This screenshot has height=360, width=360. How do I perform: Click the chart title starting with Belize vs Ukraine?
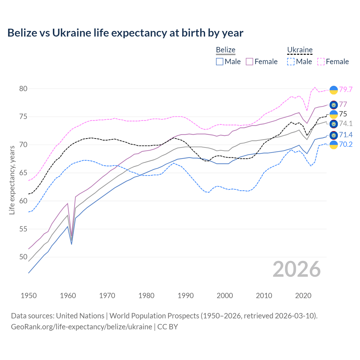click(125, 33)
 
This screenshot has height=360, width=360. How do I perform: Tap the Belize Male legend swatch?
click(220, 62)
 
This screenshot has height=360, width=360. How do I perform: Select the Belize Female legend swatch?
click(249, 62)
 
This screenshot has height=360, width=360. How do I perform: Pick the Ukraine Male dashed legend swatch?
click(291, 62)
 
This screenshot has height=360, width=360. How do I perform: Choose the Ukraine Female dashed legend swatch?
click(321, 62)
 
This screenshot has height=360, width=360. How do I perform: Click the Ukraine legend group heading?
click(300, 50)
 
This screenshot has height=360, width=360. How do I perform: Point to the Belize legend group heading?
click(226, 50)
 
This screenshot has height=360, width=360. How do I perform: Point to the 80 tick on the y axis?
click(23, 89)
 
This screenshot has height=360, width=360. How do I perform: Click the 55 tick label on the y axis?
click(23, 229)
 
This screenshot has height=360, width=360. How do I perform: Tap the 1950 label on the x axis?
click(29, 296)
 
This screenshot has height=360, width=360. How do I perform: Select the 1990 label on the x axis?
click(186, 296)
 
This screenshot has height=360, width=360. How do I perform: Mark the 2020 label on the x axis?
click(303, 296)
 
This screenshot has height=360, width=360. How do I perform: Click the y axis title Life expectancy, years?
click(12, 180)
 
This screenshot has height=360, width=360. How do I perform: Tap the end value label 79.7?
click(346, 89)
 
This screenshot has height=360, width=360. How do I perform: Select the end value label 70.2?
click(346, 145)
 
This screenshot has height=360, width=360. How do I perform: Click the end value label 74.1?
click(346, 124)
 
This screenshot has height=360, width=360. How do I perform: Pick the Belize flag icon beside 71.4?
click(334, 136)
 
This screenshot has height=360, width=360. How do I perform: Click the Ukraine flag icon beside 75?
click(334, 114)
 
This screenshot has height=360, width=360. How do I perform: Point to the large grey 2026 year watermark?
click(296, 269)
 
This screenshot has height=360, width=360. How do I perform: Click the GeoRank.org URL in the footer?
click(81, 327)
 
